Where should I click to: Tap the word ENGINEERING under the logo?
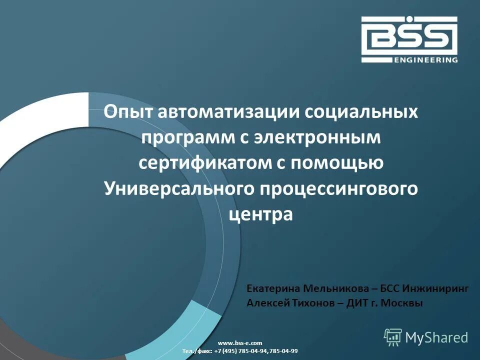pyautogui.click(x=425, y=60)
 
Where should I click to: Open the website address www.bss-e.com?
pyautogui.click(x=240, y=342)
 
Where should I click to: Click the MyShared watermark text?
pyautogui.click(x=436, y=337)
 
